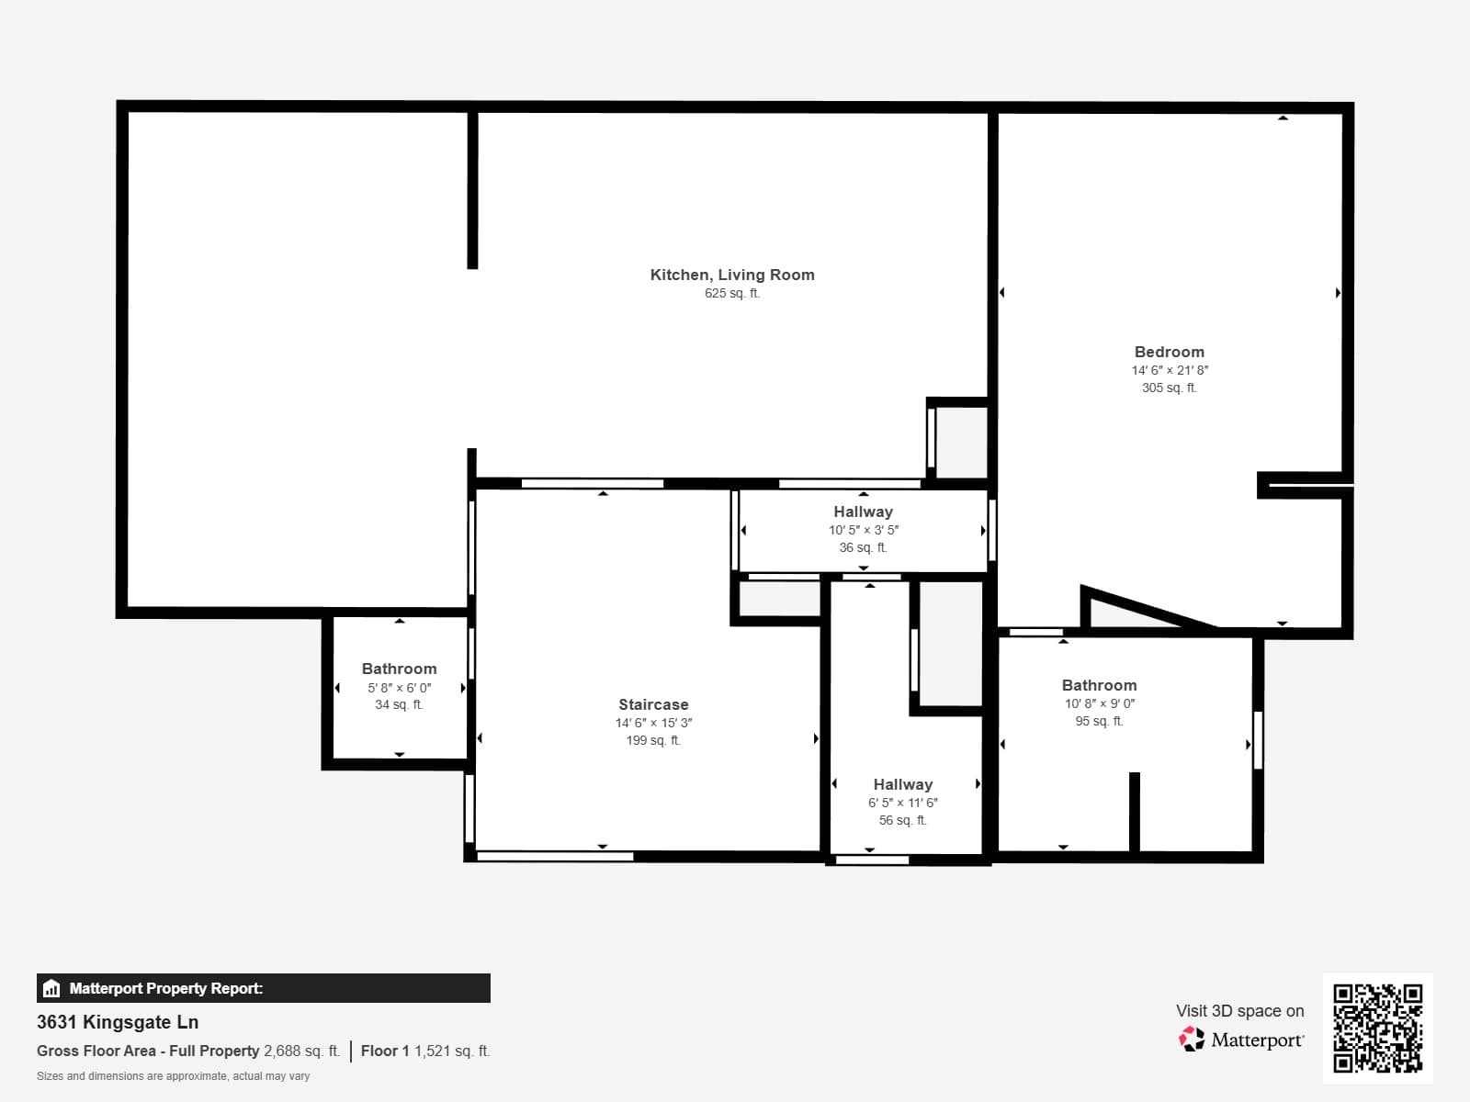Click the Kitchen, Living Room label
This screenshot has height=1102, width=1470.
(x=731, y=275)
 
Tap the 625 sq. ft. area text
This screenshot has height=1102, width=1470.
(x=731, y=294)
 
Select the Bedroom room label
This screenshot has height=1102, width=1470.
(x=1169, y=352)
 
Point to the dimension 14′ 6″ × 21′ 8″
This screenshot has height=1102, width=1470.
(x=1169, y=370)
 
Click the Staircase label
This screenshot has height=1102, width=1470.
(x=652, y=704)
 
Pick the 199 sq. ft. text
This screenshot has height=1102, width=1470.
(x=652, y=740)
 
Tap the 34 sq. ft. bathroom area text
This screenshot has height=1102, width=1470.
(x=399, y=705)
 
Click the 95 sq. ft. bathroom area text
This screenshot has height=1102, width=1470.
(x=1099, y=722)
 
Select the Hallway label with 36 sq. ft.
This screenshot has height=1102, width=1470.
(x=862, y=512)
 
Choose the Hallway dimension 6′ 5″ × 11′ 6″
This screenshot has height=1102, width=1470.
(x=902, y=803)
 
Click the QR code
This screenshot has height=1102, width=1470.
(x=1377, y=1028)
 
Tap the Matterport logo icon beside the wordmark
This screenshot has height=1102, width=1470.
(x=1192, y=1040)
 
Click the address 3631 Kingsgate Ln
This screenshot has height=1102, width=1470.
(x=118, y=1022)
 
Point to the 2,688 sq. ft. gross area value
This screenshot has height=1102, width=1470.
(x=301, y=1051)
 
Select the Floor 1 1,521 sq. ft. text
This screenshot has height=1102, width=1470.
(x=425, y=1051)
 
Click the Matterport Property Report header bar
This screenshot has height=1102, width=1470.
(x=263, y=988)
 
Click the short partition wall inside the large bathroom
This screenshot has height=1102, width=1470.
(x=1134, y=812)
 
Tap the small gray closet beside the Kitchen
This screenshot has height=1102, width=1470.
(x=961, y=442)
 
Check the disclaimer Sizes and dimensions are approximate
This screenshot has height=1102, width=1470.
(x=173, y=1076)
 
